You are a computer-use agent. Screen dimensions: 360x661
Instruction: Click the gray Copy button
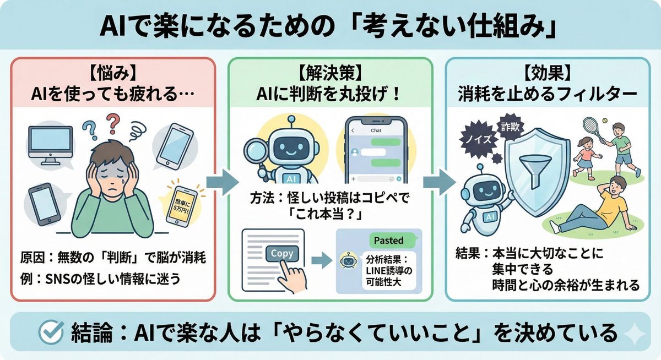click(282, 254)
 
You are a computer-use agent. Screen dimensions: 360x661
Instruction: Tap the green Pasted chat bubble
click(389, 240)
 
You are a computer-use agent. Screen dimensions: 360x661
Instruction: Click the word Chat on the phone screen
click(376, 130)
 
